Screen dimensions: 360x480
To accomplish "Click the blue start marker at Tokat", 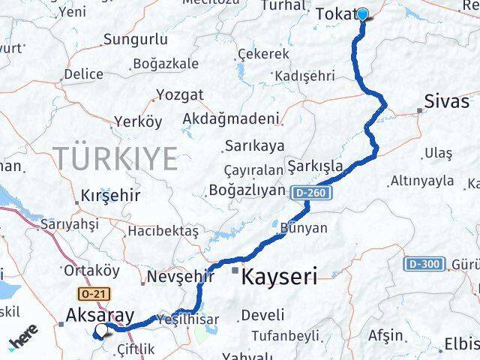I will pos(362,14).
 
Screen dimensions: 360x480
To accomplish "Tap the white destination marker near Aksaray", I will pos(101,330).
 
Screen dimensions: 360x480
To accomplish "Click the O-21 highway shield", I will pos(87,294).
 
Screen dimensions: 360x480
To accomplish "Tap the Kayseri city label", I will pos(279,275).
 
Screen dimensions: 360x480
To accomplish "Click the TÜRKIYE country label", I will pos(115,158).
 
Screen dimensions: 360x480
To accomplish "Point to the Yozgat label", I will pos(179,94).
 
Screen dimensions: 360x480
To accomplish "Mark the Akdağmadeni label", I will pos(230,118).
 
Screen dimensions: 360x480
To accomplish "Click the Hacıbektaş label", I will pos(163,231).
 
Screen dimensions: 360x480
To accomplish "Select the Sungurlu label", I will pos(136,39).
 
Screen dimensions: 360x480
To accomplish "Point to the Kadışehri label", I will pos(304,76).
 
